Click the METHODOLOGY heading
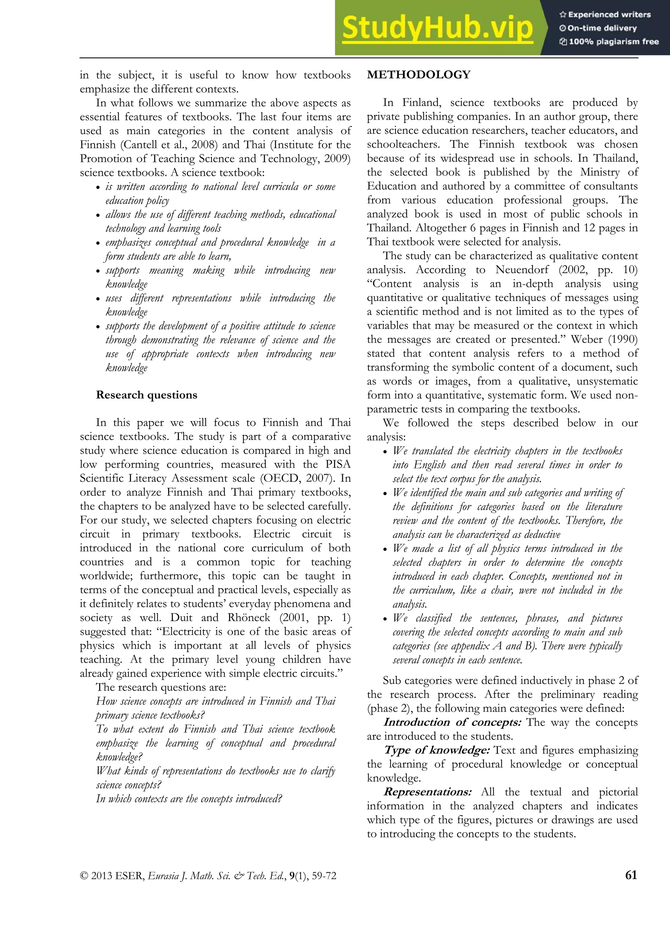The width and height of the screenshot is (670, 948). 419,75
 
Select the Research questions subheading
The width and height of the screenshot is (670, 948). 147,395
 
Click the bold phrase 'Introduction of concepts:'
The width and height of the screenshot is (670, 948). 452,722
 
